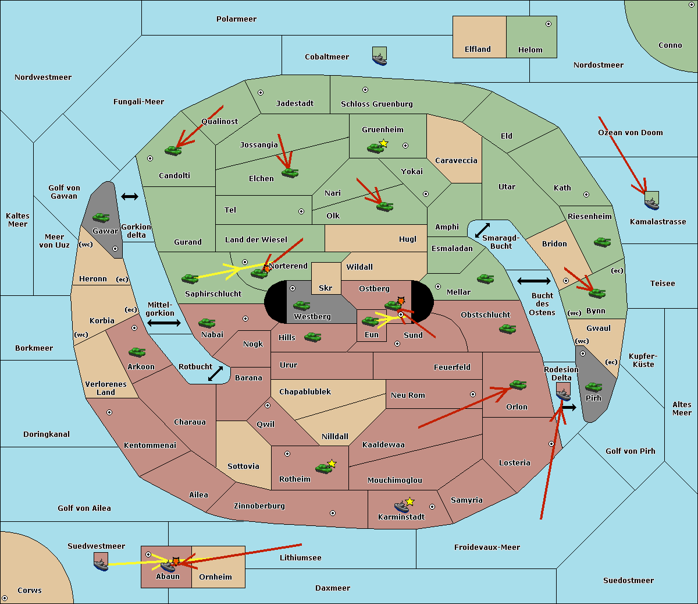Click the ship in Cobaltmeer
[x=379, y=57]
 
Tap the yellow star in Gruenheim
[x=383, y=143]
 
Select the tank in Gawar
[x=101, y=218]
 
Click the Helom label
[x=530, y=50]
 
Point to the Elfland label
[x=478, y=50]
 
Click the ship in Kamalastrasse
[x=651, y=202]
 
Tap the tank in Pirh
[x=593, y=387]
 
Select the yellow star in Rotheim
[x=332, y=463]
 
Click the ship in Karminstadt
[x=401, y=507]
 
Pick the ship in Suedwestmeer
[x=101, y=563]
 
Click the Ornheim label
[x=215, y=577]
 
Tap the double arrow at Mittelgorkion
[x=163, y=323]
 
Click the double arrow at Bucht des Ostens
[x=533, y=281]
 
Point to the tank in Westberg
[x=301, y=305]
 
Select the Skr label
[x=325, y=288]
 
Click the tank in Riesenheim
[x=602, y=242]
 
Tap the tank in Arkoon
[x=137, y=352]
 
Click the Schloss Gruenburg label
[x=376, y=104]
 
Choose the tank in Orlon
[x=518, y=384]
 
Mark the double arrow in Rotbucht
[x=216, y=373]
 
